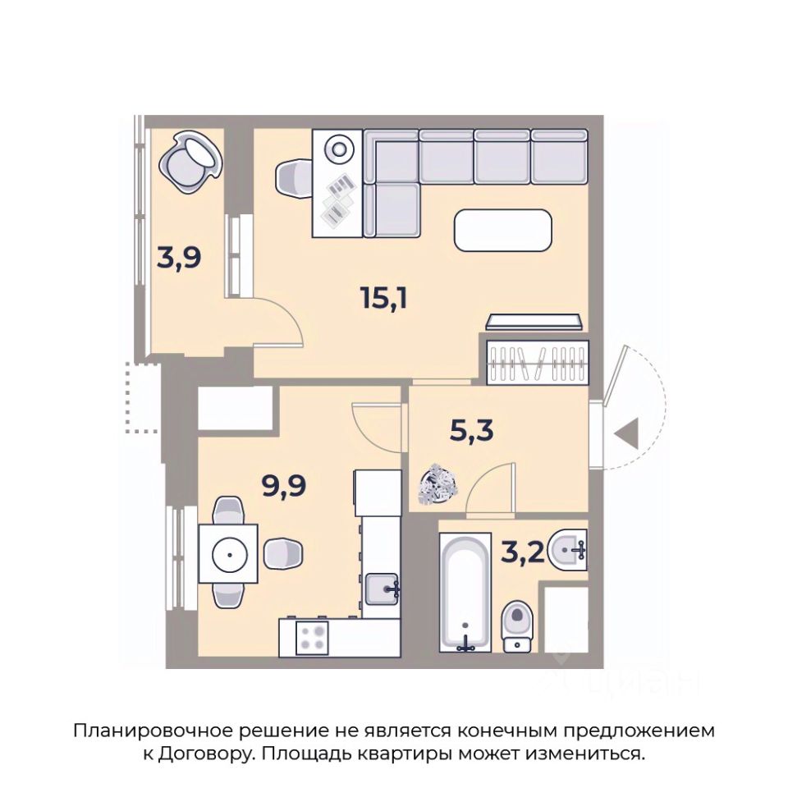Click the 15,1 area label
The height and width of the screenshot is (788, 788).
[384, 298]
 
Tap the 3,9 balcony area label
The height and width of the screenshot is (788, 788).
[179, 258]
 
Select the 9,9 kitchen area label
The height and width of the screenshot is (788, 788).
[284, 485]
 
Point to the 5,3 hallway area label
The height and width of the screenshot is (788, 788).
[471, 431]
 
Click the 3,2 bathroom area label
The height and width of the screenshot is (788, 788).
[523, 553]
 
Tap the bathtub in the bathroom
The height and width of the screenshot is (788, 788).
[465, 593]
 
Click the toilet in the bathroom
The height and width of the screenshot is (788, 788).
[517, 625]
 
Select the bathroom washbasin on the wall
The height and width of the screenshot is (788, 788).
[568, 550]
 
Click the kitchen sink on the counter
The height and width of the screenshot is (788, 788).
[382, 589]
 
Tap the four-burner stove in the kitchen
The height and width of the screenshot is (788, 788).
[312, 638]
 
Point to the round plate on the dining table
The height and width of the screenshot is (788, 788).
[229, 554]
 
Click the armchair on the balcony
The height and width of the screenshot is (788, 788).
[190, 162]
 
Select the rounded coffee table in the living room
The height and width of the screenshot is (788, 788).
[503, 230]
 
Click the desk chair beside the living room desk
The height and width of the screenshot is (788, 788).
[294, 178]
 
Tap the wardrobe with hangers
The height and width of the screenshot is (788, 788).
[537, 363]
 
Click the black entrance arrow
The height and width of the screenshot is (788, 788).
[627, 433]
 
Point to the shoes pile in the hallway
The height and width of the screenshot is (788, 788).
[438, 483]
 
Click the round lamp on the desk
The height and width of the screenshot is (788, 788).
[337, 149]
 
